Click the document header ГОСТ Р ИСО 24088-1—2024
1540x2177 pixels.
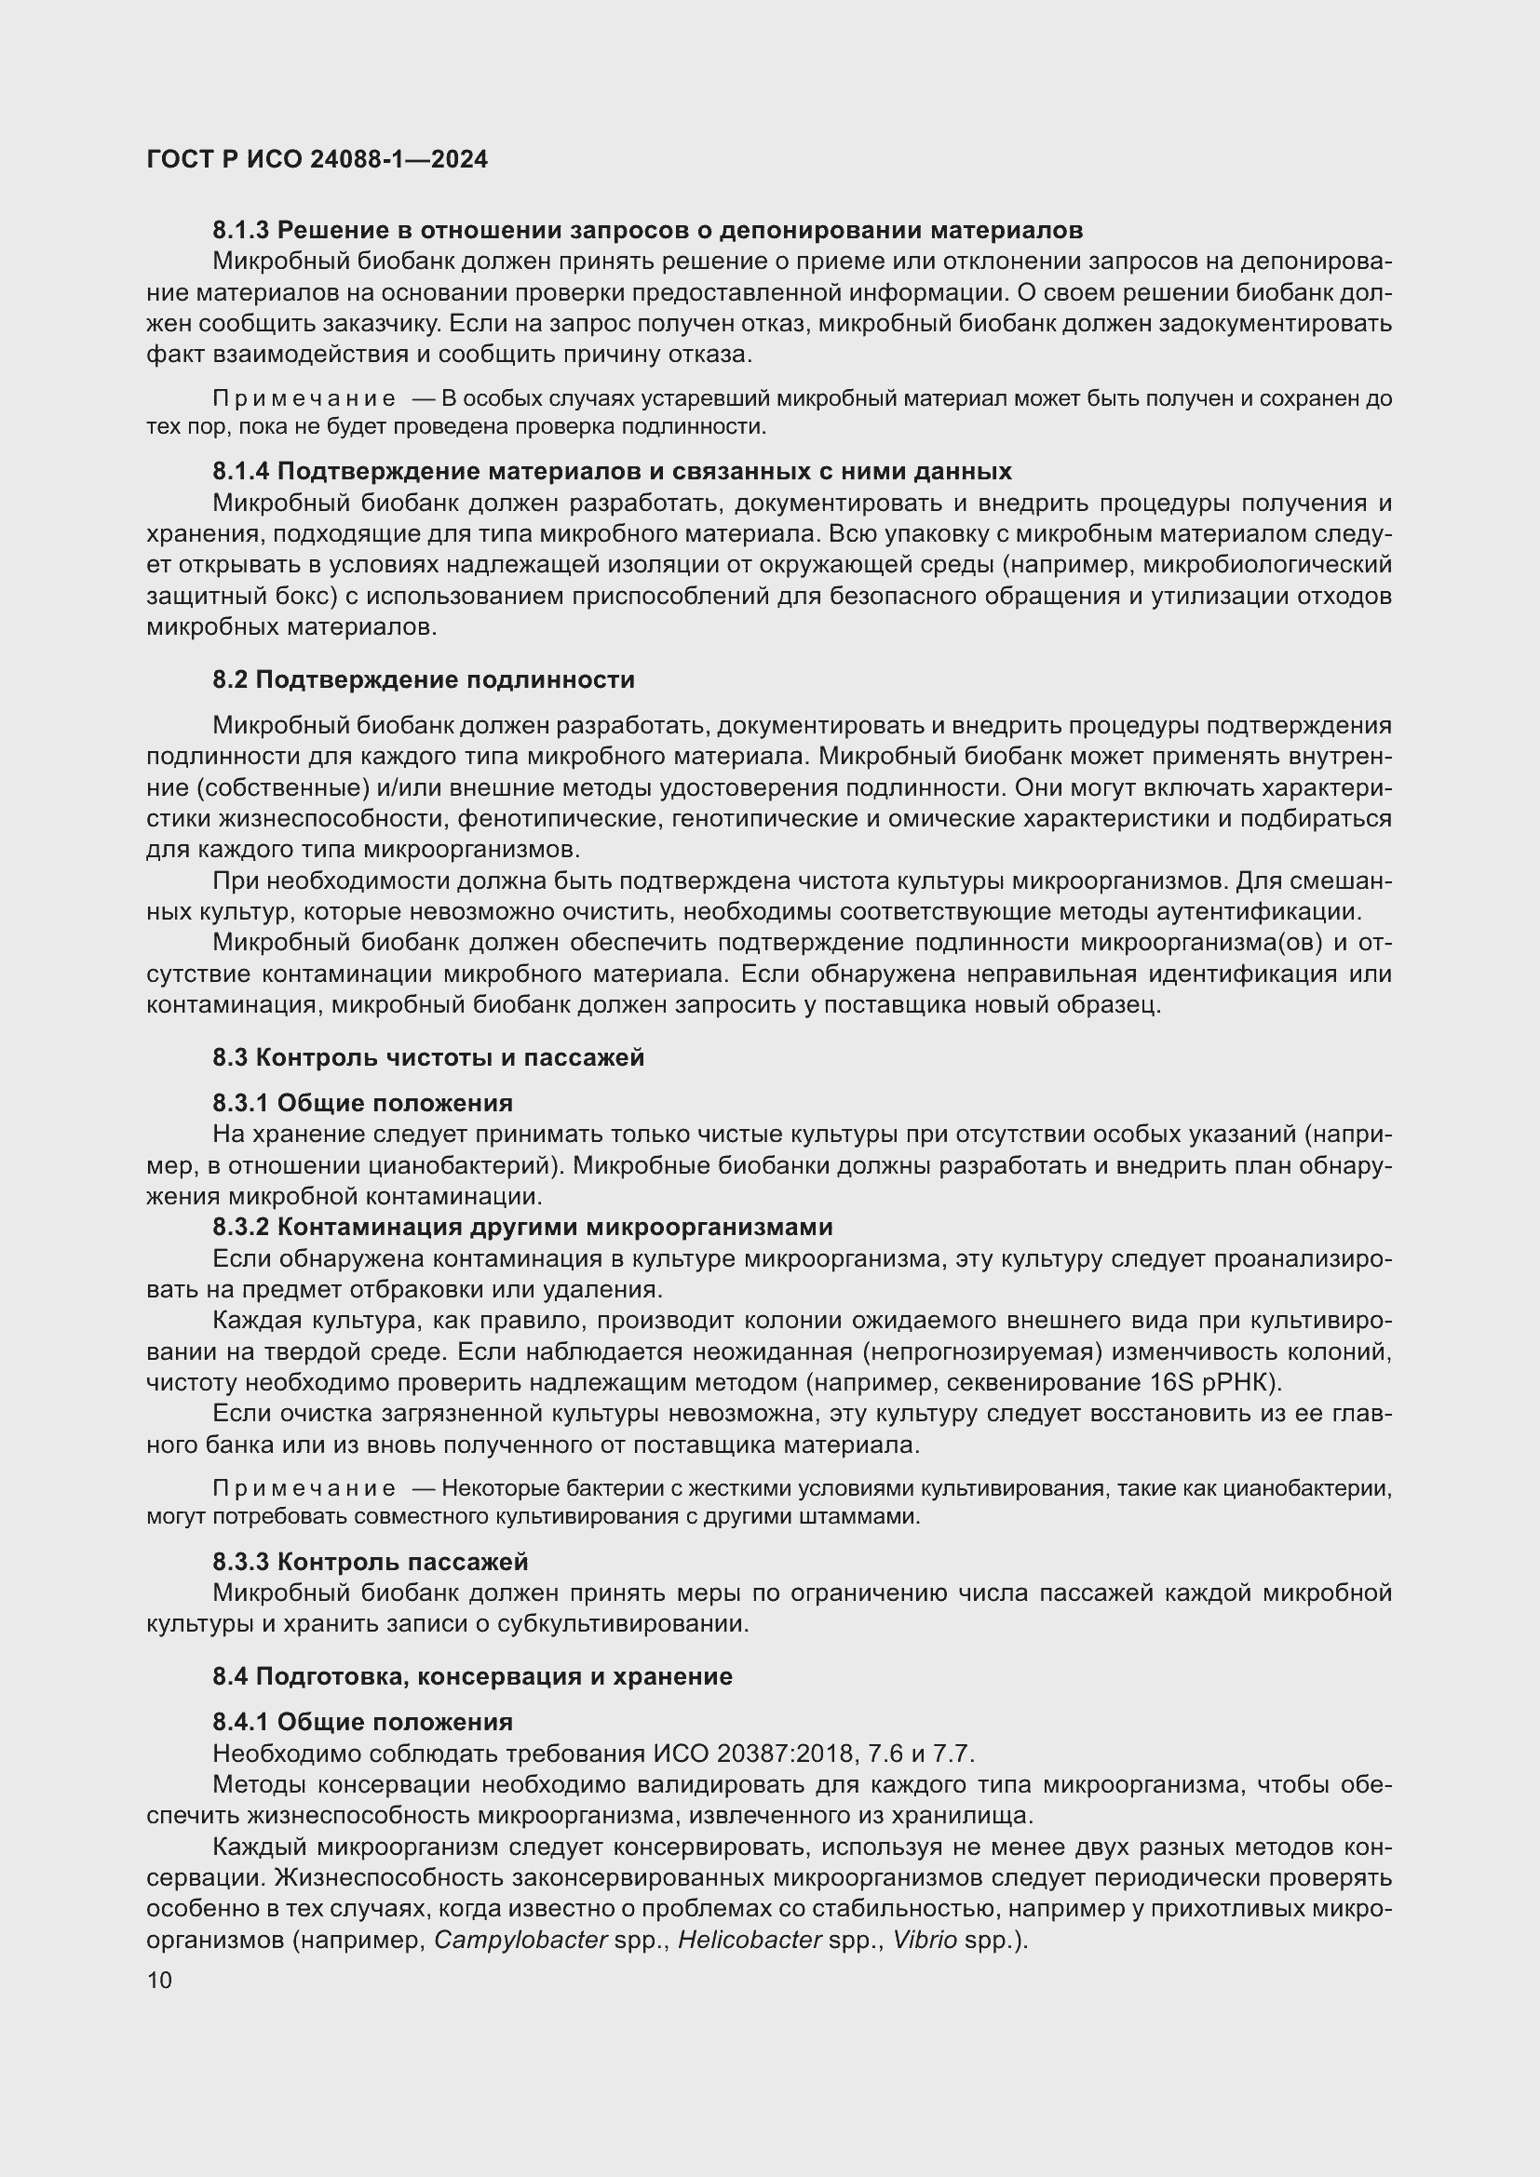[317, 159]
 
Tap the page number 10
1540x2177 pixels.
[159, 1980]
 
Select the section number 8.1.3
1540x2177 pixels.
[241, 231]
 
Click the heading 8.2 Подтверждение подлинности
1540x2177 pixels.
[423, 679]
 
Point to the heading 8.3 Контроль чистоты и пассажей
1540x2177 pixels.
[427, 1057]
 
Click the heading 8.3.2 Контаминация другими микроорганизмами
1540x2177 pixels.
[522, 1227]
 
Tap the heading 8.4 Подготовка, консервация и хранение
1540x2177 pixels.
[472, 1676]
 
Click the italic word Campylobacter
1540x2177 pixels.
[520, 1940]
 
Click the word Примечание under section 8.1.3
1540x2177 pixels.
[304, 398]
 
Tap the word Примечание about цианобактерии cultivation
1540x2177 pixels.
[304, 1488]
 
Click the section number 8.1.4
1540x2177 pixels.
[241, 471]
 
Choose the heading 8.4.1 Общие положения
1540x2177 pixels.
[362, 1722]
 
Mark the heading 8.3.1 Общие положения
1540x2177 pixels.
[362, 1103]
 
